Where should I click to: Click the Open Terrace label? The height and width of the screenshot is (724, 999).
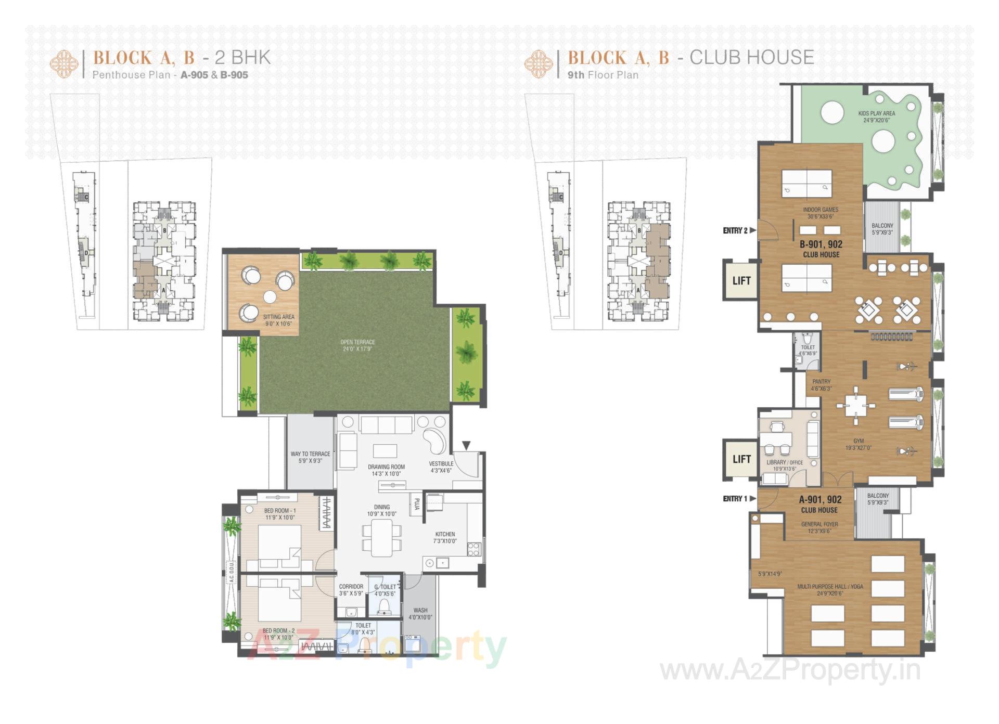[x=357, y=345]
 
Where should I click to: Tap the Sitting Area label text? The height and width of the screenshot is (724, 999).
[x=278, y=320]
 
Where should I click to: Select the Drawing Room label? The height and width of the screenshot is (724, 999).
[x=386, y=470]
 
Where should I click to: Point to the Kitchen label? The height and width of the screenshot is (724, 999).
[x=445, y=537]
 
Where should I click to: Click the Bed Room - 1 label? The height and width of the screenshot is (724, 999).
[x=279, y=514]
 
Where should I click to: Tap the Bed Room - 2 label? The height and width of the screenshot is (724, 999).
[x=278, y=633]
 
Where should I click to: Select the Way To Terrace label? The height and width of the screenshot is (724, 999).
[x=310, y=457]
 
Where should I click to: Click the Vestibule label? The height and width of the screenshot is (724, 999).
[x=441, y=467]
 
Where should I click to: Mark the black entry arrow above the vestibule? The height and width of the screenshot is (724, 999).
[x=466, y=445]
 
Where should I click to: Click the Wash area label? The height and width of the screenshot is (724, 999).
[x=420, y=614]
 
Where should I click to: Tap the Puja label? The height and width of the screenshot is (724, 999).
[x=417, y=504]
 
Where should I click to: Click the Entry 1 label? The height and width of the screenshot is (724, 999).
[x=735, y=498]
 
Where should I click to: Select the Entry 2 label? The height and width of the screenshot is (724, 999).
[x=735, y=230]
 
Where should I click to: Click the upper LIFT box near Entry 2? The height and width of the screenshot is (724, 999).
[x=741, y=280]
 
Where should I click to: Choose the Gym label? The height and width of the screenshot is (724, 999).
[x=858, y=444]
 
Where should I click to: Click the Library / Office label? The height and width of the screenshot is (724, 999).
[x=785, y=465]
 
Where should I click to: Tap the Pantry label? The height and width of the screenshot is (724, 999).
[x=821, y=384]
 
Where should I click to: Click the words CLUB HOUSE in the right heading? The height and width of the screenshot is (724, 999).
[x=751, y=57]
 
